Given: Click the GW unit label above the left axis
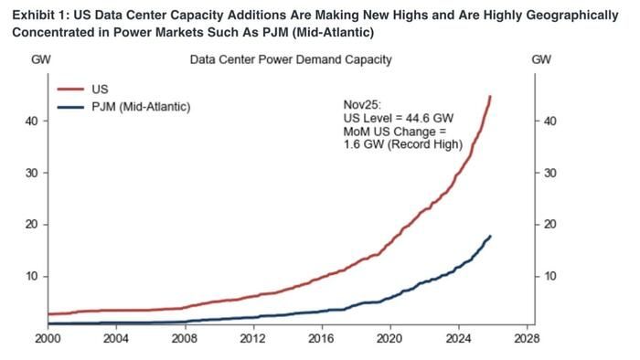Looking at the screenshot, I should pyautogui.click(x=40, y=60).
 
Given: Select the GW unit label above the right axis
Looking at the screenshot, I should pyautogui.click(x=540, y=60).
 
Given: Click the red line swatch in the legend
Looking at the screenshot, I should pyautogui.click(x=70, y=90).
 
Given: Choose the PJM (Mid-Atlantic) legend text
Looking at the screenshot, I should pyautogui.click(x=141, y=108).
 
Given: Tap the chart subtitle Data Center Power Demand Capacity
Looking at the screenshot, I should pyautogui.click(x=291, y=60).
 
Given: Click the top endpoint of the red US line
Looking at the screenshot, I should pyautogui.click(x=491, y=96).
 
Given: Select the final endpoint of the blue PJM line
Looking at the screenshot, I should pyautogui.click(x=491, y=236).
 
